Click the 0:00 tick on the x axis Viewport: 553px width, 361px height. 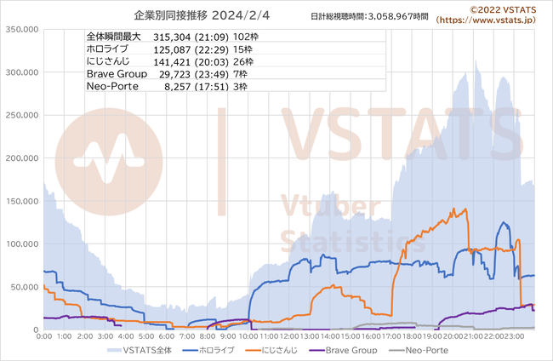coord(44,336)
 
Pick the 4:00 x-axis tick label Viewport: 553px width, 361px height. coord(125,336)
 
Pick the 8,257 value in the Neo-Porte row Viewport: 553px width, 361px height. coord(178,87)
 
